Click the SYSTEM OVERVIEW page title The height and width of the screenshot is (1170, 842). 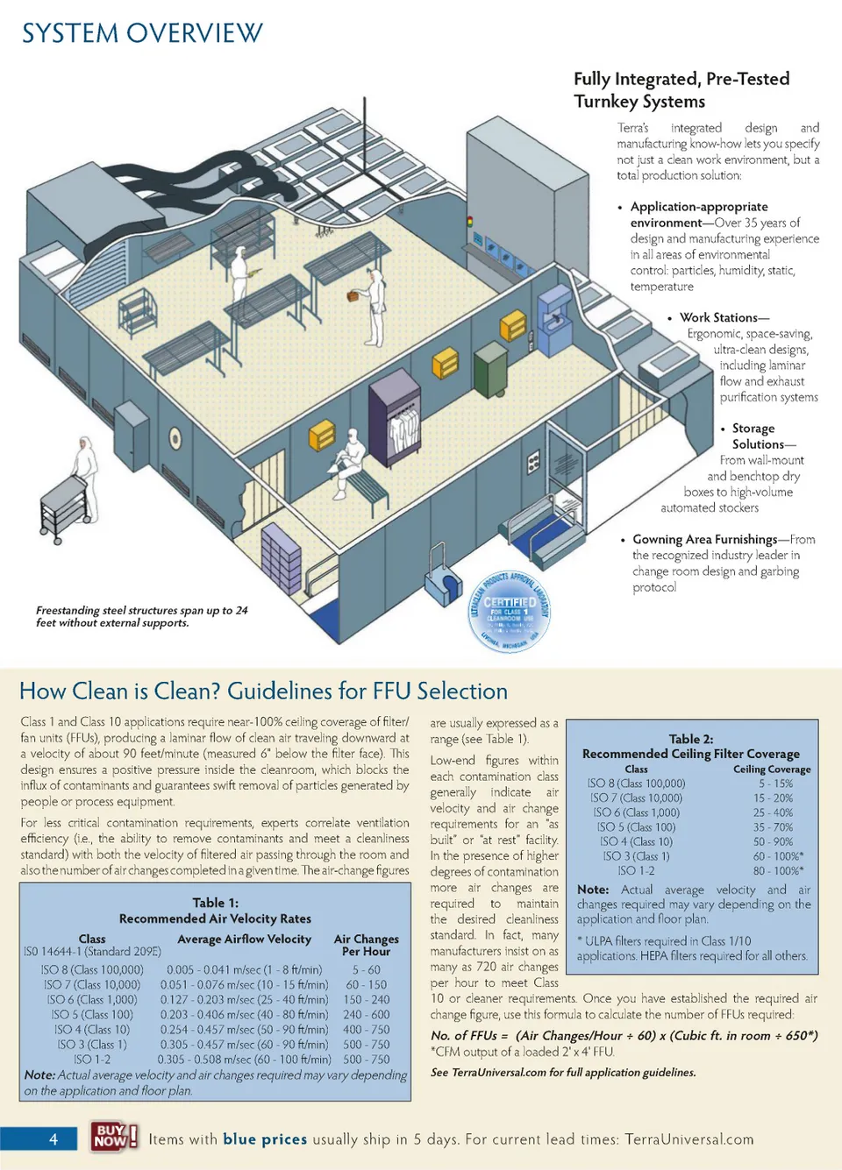point(142,33)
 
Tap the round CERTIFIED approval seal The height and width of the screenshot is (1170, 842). point(510,610)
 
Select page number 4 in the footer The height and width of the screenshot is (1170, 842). point(53,1138)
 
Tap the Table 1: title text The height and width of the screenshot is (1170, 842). point(215,903)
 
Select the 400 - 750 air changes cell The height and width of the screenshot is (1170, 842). point(366,1030)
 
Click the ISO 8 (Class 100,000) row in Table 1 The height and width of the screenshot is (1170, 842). point(92,970)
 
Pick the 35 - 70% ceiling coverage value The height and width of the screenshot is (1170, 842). point(772,826)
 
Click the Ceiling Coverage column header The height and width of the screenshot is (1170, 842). point(772,769)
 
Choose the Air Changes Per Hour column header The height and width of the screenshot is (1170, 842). point(366,945)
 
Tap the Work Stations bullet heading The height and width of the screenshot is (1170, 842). point(724,317)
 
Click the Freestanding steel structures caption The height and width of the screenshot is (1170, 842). point(141,616)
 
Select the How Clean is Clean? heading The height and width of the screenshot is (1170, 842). point(263,691)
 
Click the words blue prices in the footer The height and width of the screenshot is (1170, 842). point(265,1138)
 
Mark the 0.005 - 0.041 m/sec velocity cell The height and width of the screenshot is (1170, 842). point(244,970)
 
